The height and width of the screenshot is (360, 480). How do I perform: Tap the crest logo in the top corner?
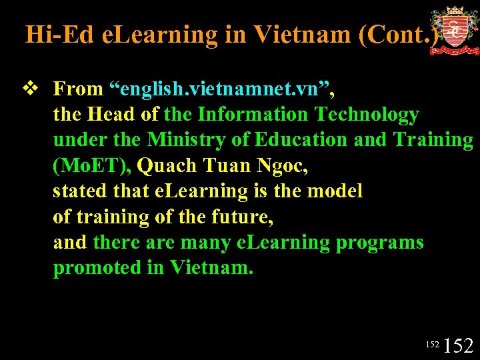coord(455,31)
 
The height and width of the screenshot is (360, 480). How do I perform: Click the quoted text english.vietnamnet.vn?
coord(221,89)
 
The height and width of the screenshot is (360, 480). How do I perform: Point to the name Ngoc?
coord(282,166)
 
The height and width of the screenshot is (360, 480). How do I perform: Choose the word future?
coord(242,217)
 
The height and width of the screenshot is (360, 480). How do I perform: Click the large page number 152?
coord(459,345)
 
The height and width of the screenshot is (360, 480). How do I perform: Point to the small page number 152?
coord(432,345)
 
